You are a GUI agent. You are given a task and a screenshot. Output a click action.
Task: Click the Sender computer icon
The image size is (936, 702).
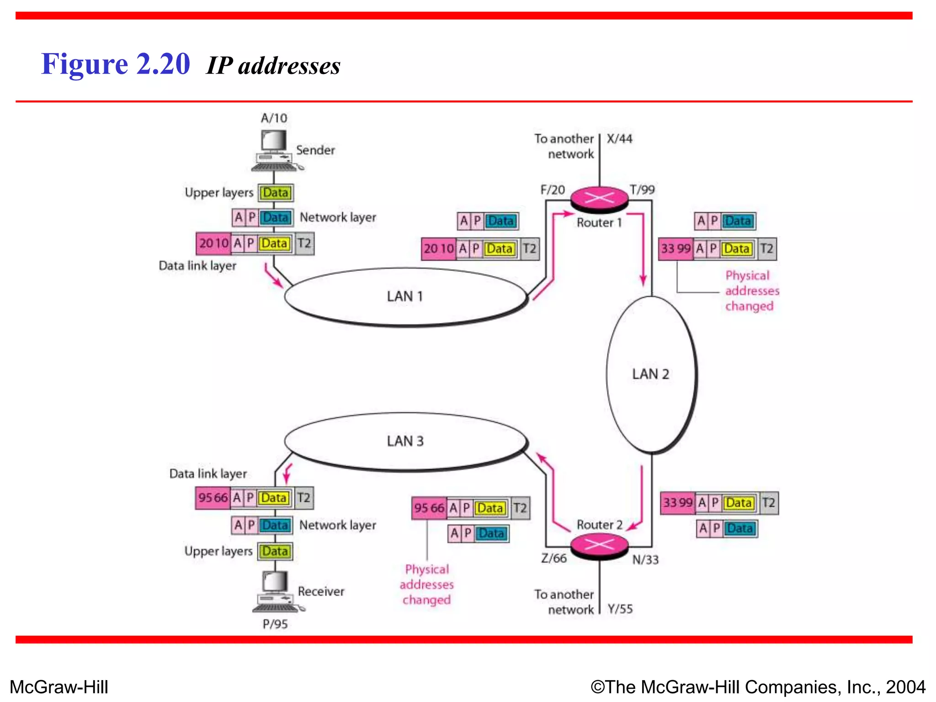click(274, 150)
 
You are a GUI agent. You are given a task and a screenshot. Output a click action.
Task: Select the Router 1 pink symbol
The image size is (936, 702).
click(599, 198)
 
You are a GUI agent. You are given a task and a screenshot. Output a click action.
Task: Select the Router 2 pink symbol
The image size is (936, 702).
click(599, 545)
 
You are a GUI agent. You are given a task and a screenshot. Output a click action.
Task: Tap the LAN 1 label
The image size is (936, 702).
click(405, 297)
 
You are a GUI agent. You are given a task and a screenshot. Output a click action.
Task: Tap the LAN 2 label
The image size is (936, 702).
click(650, 374)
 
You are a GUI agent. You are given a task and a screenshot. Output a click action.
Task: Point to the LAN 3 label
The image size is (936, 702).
click(405, 441)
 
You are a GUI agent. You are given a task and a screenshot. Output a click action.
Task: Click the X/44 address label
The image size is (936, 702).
click(619, 138)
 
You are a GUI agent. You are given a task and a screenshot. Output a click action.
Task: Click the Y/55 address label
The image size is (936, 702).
click(620, 609)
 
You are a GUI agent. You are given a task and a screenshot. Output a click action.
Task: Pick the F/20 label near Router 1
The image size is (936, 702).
click(553, 190)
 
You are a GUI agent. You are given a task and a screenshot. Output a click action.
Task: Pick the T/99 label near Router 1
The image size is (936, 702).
click(642, 190)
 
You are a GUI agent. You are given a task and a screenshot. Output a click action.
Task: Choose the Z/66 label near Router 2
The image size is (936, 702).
click(553, 558)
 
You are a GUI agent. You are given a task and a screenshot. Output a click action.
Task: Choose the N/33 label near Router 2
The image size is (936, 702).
click(645, 560)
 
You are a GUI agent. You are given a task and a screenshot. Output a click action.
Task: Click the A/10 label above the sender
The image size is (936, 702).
click(274, 118)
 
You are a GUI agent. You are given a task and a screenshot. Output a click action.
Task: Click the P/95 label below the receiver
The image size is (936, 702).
click(275, 624)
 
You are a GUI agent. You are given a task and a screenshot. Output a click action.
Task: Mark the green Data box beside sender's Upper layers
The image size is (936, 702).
click(276, 193)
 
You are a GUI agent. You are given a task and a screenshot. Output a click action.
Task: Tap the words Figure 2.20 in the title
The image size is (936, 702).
click(115, 64)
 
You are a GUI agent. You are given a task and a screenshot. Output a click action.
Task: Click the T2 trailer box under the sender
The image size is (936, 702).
click(304, 243)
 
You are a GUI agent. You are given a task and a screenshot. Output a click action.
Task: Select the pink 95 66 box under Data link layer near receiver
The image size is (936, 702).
click(213, 498)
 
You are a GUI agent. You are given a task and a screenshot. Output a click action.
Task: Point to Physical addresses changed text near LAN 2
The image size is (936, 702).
click(751, 291)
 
